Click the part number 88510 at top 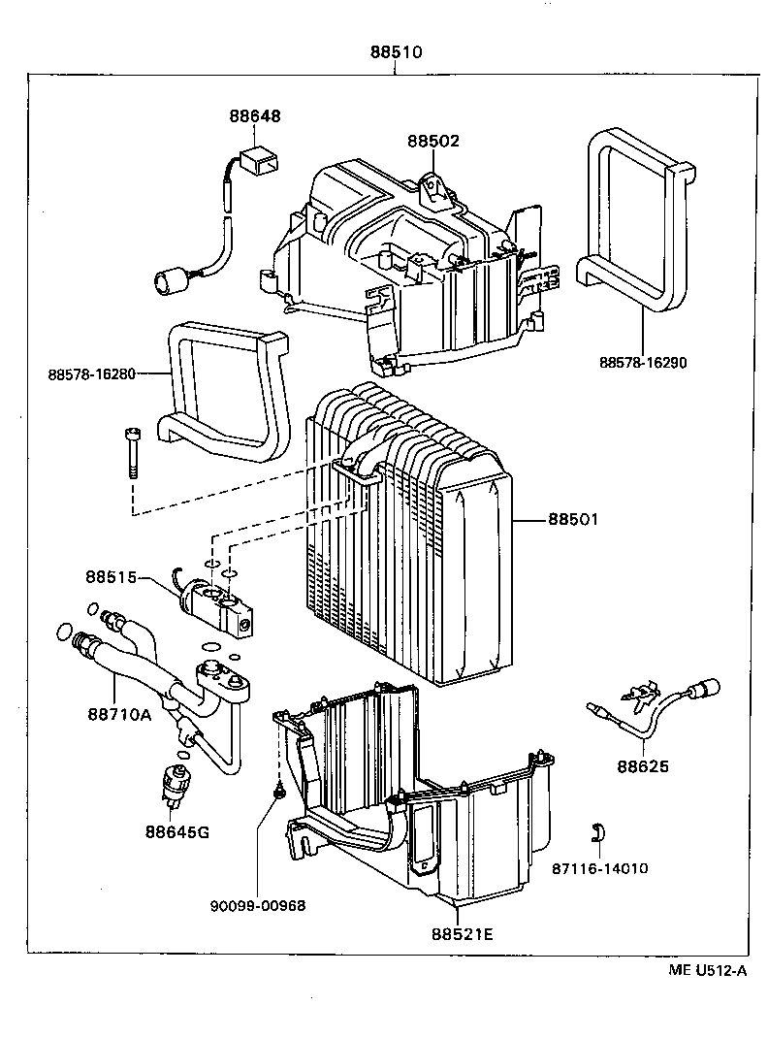395,53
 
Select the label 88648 255,115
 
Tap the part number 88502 432,141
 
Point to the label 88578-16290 642,363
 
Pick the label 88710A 119,714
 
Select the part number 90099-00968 258,905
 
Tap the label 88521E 463,934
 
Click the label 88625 642,766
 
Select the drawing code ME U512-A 707,971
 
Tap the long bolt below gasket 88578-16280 132,453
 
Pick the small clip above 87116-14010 599,831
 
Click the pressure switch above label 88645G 176,782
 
